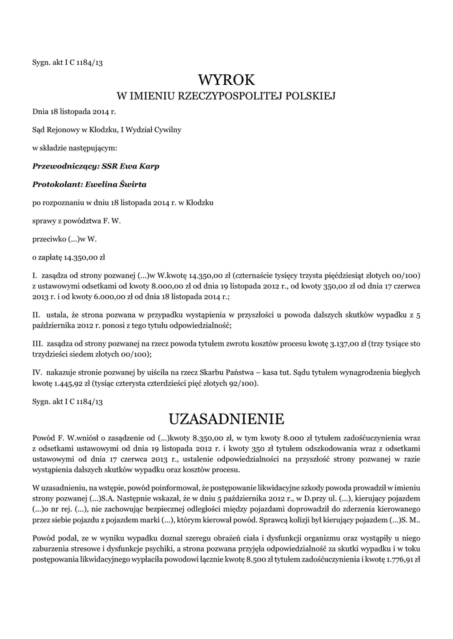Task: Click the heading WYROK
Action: click(226, 80)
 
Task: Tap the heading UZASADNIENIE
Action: click(226, 416)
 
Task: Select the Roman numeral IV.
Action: click(36, 373)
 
